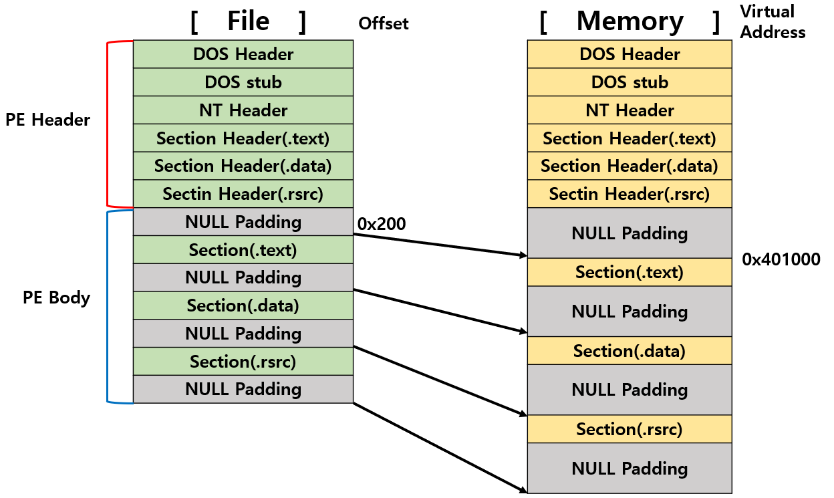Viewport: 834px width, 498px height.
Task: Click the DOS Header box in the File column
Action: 243,54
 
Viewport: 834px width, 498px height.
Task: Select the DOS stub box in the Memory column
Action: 630,82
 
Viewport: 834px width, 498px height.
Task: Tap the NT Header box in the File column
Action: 243,110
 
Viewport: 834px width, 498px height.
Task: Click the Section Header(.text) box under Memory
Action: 630,138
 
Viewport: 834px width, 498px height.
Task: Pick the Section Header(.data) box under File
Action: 243,166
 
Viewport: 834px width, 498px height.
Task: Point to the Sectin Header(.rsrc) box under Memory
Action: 630,194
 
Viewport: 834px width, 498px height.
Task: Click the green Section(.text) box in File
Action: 243,250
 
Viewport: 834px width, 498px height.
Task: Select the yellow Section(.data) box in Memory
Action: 630,351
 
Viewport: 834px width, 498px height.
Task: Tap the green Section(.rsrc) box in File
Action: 243,362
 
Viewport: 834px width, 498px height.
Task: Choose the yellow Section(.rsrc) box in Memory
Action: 630,429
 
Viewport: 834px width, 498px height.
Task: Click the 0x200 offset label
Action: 382,224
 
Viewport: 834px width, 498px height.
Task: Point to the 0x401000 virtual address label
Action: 781,260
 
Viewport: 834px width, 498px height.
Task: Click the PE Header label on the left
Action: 47,120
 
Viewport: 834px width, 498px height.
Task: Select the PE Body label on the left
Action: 57,297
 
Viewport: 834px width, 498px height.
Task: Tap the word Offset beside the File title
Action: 384,24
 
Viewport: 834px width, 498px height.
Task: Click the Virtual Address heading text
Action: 773,21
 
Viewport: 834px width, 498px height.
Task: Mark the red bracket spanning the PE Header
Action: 108,124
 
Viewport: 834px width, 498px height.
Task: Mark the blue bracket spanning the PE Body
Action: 108,307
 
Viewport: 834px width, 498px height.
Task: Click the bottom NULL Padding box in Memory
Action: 630,469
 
